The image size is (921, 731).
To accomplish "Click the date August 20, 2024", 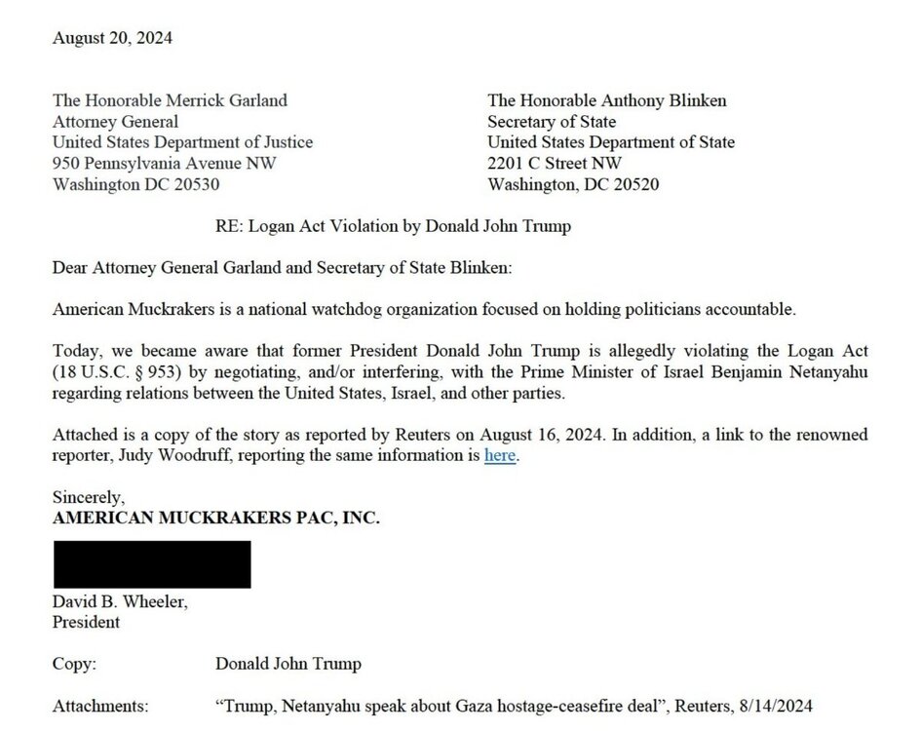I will [112, 39].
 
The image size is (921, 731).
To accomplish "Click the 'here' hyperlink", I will [500, 455].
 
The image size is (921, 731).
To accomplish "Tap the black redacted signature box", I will [151, 564].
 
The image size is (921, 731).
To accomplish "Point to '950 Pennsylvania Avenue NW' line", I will [165, 163].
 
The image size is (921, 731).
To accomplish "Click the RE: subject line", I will [393, 226].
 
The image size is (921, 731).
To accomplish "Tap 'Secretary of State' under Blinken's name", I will [552, 121].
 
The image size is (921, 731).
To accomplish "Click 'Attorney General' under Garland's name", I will [115, 121].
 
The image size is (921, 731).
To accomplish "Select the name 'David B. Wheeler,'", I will [120, 602].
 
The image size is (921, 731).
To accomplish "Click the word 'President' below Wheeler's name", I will [86, 622].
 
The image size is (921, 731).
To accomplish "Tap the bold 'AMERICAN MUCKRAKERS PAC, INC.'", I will [215, 519].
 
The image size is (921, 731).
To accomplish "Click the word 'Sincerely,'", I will [89, 498].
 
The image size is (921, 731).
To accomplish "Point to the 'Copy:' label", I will [74, 664].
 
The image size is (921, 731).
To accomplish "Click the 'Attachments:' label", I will [100, 705].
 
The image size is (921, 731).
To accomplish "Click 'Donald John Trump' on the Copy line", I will [288, 664].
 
